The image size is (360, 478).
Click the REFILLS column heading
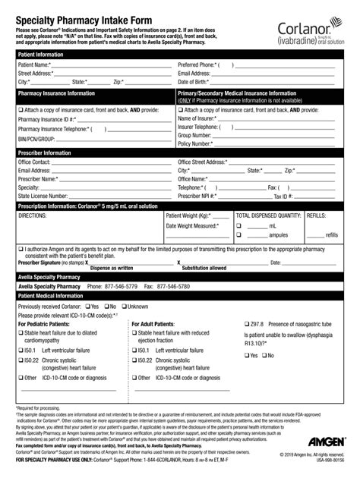318,215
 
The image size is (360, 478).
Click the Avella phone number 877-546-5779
112,287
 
